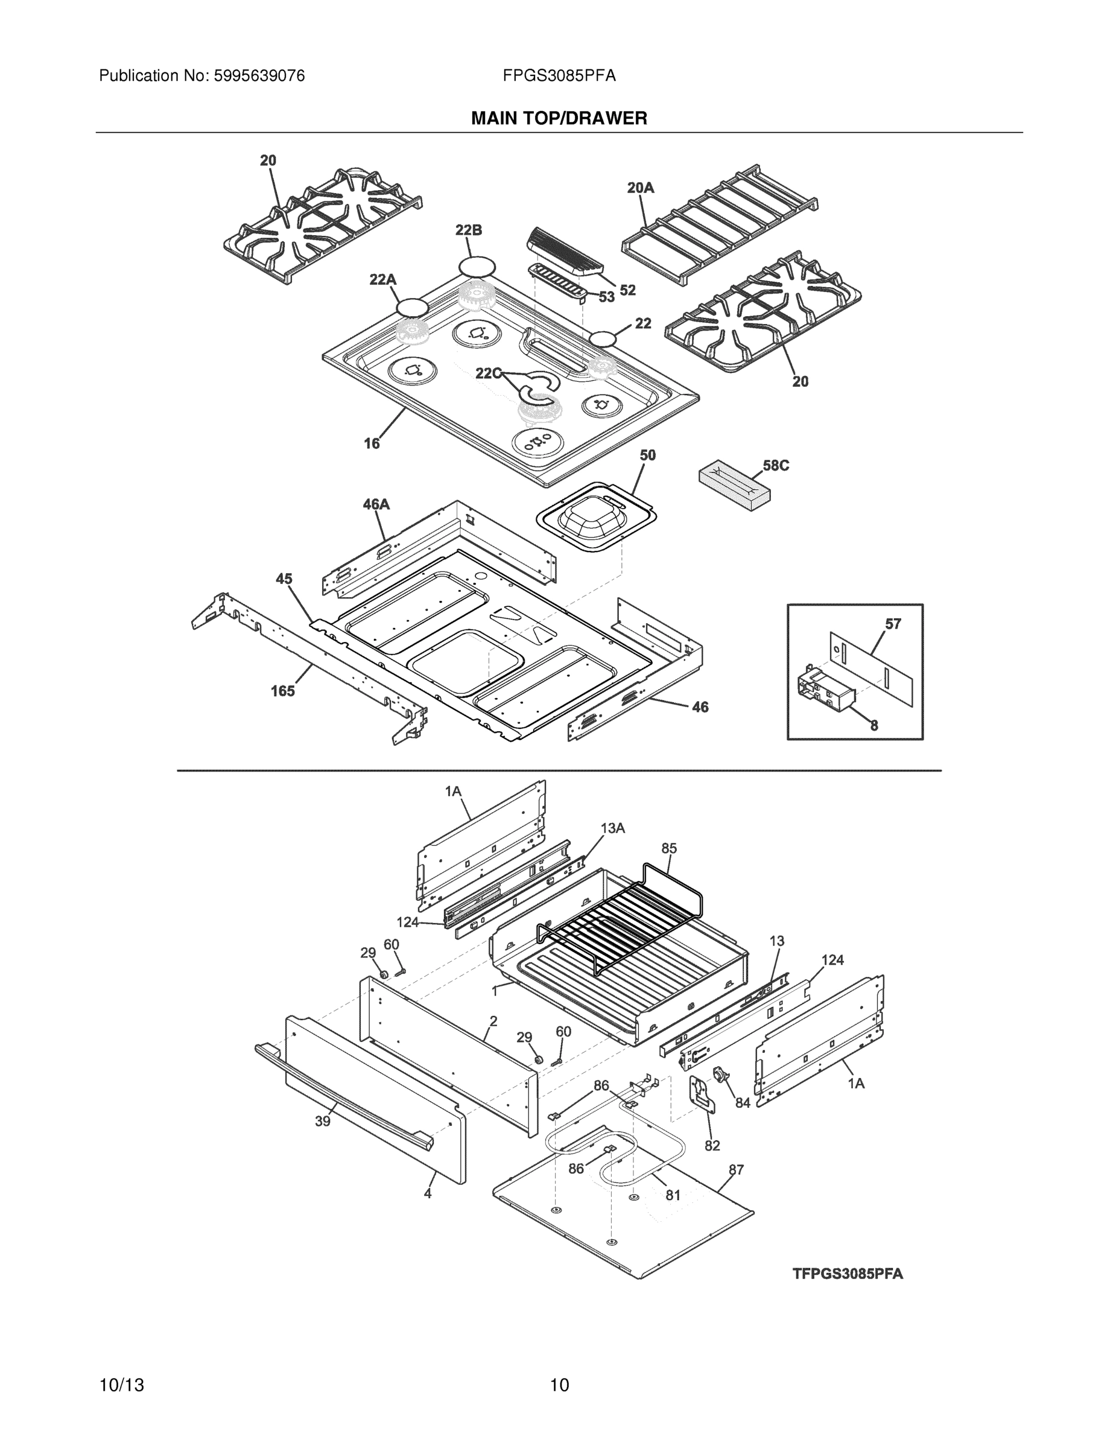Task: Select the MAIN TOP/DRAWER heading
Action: coord(559,119)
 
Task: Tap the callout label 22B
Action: coord(468,230)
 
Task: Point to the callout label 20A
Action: coord(641,188)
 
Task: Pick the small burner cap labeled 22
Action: coord(603,340)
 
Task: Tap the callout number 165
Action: coord(282,691)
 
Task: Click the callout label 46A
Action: coord(376,504)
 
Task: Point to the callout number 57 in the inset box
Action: coord(893,623)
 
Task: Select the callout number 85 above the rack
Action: coord(669,848)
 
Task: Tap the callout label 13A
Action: coord(612,828)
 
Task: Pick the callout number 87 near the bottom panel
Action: coord(736,1169)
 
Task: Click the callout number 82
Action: coord(712,1146)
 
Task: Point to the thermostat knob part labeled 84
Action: coord(718,1073)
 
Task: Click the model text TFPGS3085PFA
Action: coord(848,1274)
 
